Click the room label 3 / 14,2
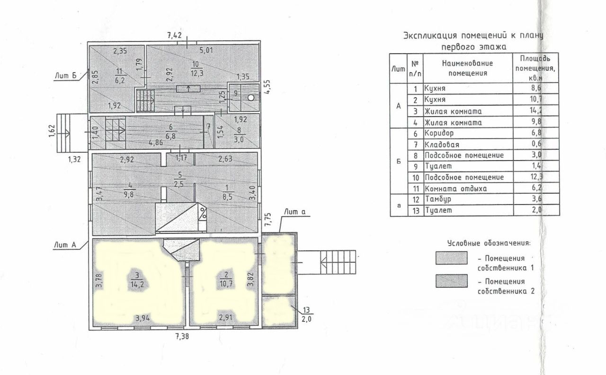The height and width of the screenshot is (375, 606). [137, 279]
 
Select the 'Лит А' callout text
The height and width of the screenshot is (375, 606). [65, 244]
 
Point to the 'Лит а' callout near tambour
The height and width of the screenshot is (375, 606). [295, 212]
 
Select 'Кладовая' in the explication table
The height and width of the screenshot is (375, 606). [441, 144]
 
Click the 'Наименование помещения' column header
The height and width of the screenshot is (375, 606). [467, 68]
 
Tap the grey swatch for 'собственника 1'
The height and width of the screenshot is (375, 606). [451, 258]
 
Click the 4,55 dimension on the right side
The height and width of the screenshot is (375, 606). [268, 87]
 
